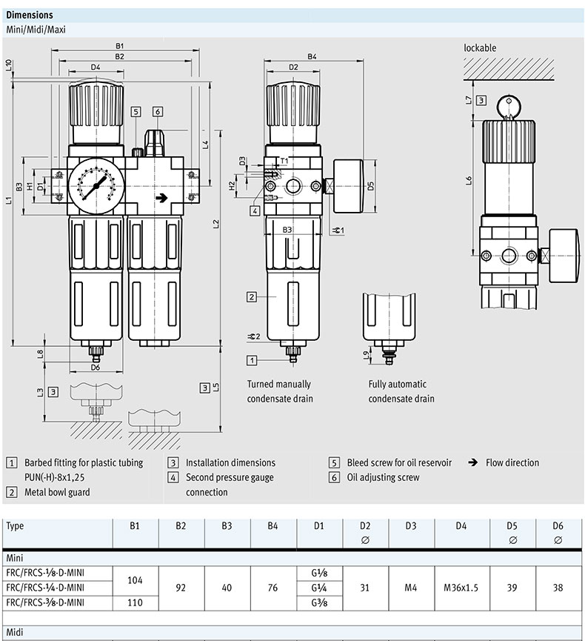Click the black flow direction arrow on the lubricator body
tap(160, 198)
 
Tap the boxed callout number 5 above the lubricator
tap(136, 112)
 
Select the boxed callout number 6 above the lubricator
tap(158, 112)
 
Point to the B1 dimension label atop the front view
tap(119, 46)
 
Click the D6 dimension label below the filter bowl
tap(95, 367)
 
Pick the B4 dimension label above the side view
tap(312, 56)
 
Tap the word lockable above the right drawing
tap(480, 48)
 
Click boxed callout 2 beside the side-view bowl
tap(252, 296)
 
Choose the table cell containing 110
tap(135, 602)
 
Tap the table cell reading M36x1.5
tap(461, 588)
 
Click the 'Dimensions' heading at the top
tap(30, 15)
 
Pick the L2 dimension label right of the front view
tap(215, 223)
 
